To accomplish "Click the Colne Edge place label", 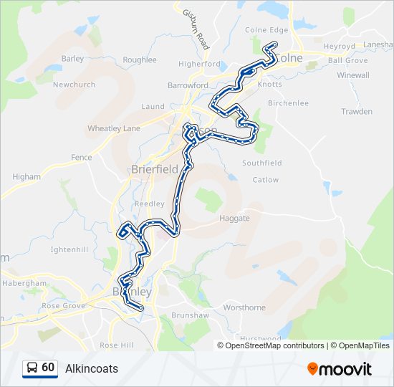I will click(x=266, y=30).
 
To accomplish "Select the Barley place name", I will click(x=73, y=59).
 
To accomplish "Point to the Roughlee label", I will click(x=140, y=60).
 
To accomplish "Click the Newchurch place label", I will click(x=74, y=85).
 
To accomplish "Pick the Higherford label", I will click(x=199, y=64).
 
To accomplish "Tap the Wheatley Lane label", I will click(x=114, y=128).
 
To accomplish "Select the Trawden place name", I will click(x=357, y=112).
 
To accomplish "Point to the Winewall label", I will click(x=353, y=75).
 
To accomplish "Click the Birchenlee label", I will click(x=288, y=103).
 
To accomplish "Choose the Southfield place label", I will click(x=261, y=163).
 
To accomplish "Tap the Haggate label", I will click(x=235, y=218).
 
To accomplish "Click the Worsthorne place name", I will click(x=244, y=307).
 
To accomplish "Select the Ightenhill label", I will click(x=69, y=249).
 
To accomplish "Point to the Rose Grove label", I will click(x=63, y=305).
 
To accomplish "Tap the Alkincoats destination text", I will click(x=92, y=368).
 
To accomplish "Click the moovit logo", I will click(x=340, y=368).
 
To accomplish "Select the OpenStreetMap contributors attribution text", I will click(x=274, y=345).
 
